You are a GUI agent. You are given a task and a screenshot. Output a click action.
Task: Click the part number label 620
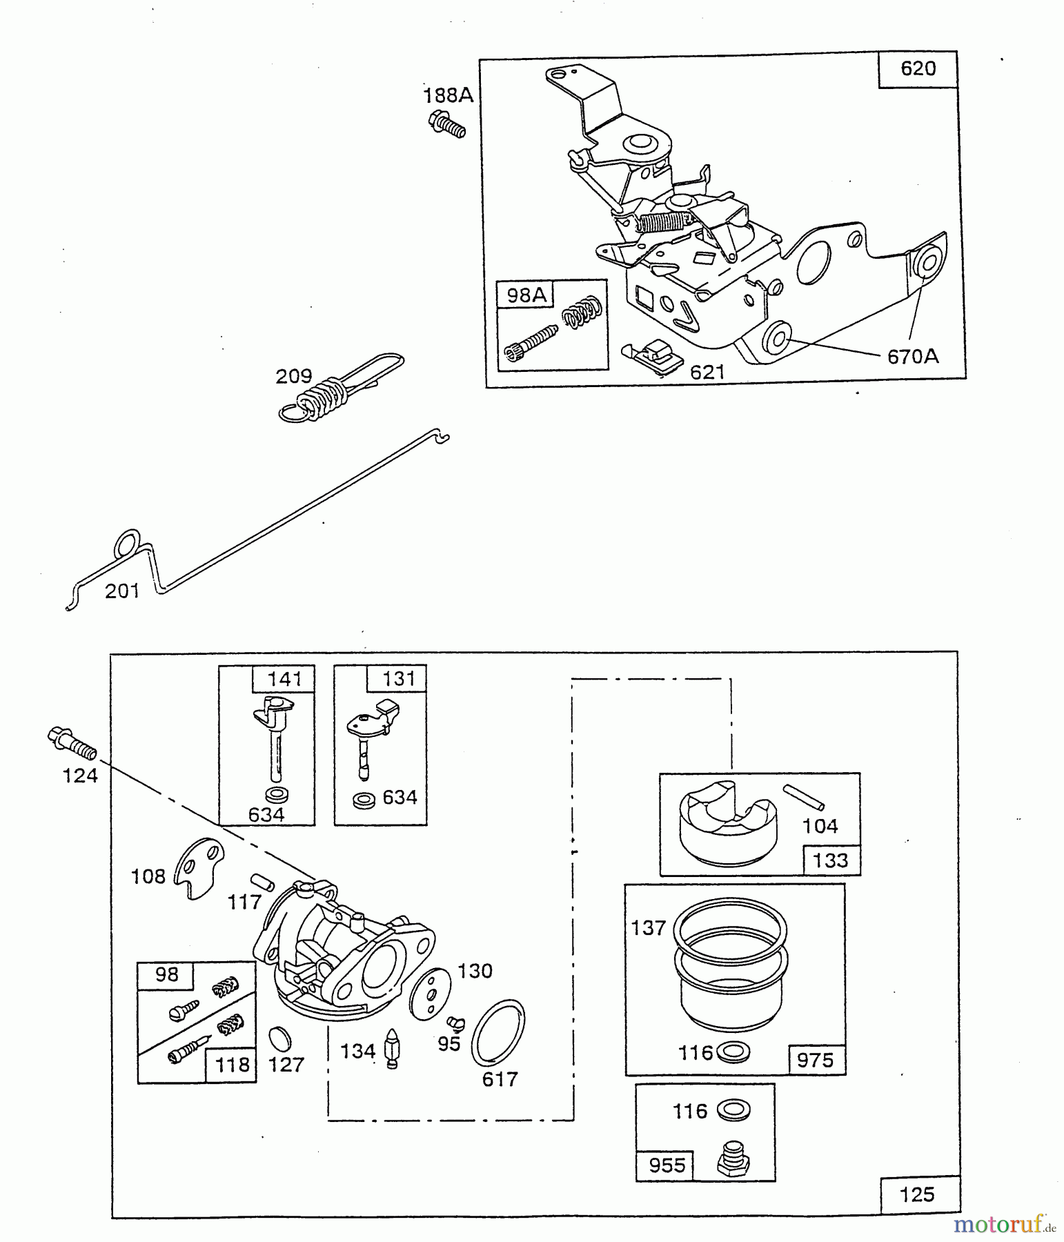[x=918, y=69]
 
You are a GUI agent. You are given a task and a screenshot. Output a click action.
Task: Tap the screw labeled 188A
[x=447, y=125]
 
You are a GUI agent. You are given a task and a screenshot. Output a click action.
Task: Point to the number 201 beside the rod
[x=122, y=591]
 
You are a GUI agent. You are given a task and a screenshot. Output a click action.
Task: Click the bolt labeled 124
[x=72, y=743]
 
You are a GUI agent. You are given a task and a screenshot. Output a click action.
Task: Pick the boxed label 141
[x=284, y=679]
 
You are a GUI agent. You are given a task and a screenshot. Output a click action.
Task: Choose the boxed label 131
[x=398, y=678]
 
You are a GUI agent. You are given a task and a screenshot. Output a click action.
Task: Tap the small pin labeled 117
[x=262, y=882]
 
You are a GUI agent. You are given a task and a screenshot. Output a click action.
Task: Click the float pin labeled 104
[x=804, y=796]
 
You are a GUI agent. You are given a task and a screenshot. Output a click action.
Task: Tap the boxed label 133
[x=830, y=860]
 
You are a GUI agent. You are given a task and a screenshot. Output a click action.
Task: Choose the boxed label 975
[x=815, y=1059]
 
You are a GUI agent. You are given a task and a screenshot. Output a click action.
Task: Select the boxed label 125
[x=917, y=1194]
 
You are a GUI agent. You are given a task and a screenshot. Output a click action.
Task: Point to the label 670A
[x=912, y=357]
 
